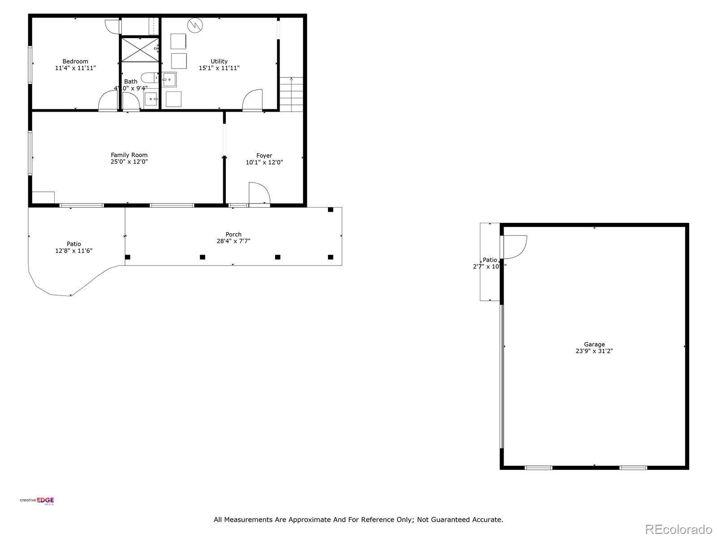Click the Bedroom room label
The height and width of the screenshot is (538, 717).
tap(75, 61)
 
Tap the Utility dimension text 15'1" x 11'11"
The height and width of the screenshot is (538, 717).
tap(219, 68)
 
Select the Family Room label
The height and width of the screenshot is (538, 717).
tap(129, 155)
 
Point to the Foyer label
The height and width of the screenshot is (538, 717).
tap(264, 156)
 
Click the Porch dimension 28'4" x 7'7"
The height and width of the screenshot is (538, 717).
tap(233, 241)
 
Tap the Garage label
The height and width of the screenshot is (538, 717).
tap(594, 344)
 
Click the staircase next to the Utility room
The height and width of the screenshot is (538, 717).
tap(291, 95)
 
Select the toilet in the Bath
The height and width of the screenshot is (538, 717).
tap(149, 77)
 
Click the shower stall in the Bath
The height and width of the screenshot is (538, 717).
tap(139, 49)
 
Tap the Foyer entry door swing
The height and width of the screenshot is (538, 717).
tap(259, 193)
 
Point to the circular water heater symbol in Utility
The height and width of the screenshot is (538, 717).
tap(195, 25)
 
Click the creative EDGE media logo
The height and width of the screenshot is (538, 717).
tap(37, 501)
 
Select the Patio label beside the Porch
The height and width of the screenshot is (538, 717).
tap(74, 244)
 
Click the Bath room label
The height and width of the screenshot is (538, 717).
tap(131, 81)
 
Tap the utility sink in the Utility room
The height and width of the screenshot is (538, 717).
tap(169, 79)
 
